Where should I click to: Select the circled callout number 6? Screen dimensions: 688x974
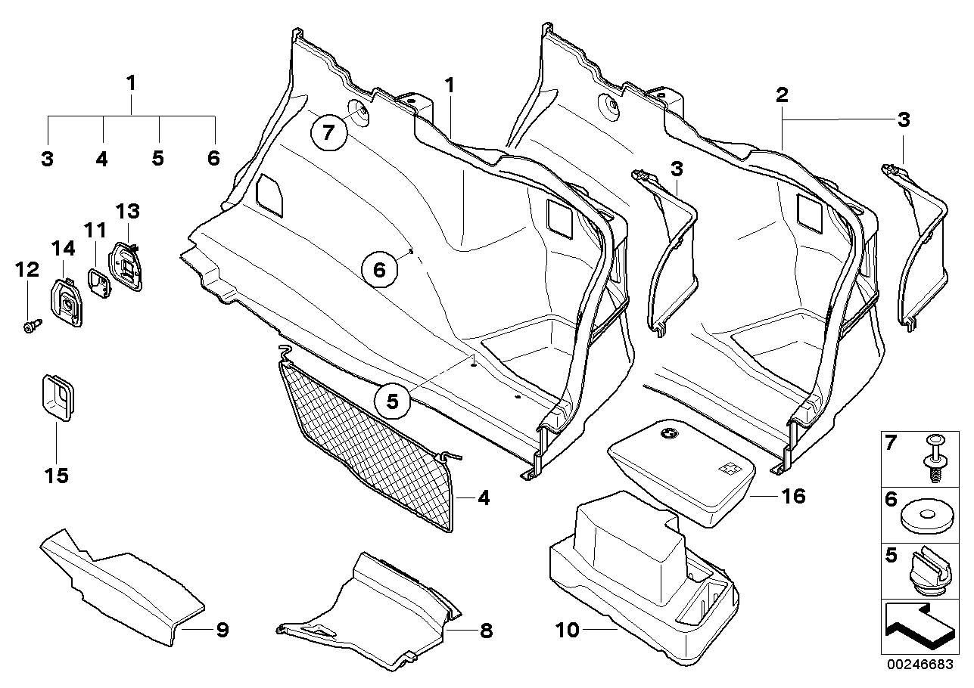click(379, 269)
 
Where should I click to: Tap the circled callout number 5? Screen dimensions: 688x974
click(392, 402)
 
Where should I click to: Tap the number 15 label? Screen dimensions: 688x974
click(57, 476)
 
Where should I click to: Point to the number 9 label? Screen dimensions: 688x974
click(222, 629)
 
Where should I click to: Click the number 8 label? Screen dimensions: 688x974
click(485, 629)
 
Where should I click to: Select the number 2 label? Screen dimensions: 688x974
click(782, 95)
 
